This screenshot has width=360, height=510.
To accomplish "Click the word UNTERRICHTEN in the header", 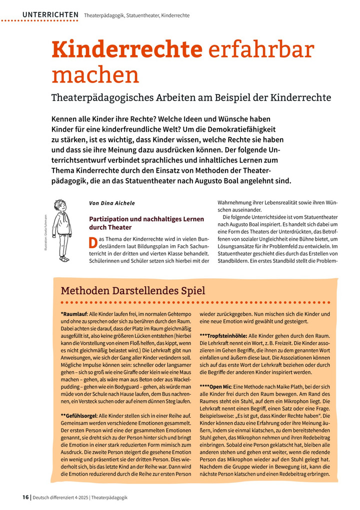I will [50, 15].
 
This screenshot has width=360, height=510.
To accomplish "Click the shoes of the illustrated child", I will [63, 259].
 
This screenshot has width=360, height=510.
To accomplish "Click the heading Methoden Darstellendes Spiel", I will [132, 290].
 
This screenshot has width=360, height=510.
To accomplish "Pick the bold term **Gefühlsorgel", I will [79, 416].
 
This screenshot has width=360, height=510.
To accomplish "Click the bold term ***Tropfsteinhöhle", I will [222, 335].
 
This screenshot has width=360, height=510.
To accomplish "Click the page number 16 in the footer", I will [24, 497].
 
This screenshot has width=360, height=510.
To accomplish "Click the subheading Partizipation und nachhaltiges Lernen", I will [146, 219].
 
